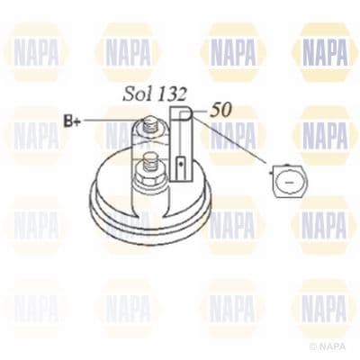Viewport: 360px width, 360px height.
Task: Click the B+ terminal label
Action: click(70, 120)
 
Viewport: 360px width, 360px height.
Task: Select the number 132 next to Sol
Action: click(172, 94)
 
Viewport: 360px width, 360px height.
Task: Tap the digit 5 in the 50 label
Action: click(216, 111)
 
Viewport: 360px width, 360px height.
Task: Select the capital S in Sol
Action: click(129, 94)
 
